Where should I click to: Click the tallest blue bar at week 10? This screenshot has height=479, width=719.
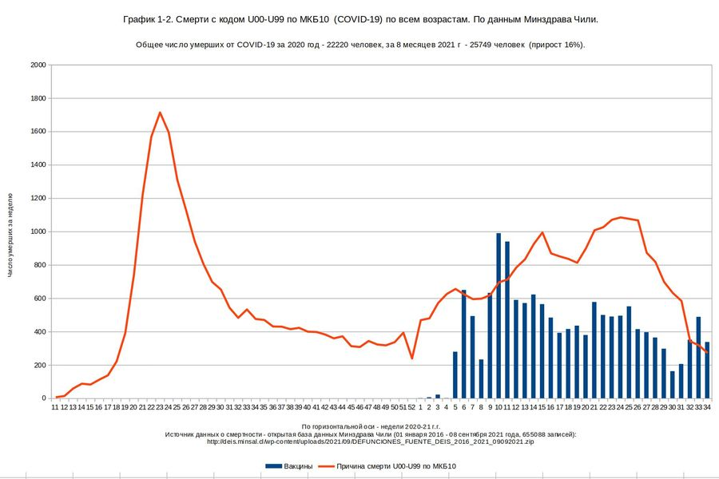[x=499, y=315]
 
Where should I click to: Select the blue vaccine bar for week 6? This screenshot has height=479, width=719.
[x=464, y=343]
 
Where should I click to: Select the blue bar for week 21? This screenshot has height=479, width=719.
[x=594, y=350]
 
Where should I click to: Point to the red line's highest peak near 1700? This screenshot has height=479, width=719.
[x=161, y=113]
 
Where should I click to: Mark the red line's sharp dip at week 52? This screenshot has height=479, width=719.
[x=412, y=358]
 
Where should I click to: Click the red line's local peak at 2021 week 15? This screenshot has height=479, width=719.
[x=542, y=232]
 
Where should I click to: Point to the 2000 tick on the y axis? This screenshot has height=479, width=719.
[x=37, y=65]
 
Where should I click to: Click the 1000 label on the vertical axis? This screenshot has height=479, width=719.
[x=37, y=232]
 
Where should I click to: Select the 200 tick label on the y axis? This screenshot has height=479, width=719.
[x=39, y=366]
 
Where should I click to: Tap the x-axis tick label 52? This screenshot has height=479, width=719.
[x=412, y=406]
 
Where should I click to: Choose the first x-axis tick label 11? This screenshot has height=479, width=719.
[x=56, y=406]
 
